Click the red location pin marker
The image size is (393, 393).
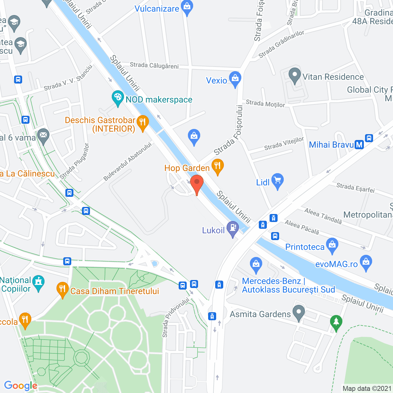197,183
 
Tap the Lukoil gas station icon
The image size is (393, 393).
232,228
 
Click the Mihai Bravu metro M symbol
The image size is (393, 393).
359,145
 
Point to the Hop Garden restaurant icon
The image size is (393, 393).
217,166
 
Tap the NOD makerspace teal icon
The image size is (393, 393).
118,98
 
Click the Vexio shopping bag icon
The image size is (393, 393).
235,79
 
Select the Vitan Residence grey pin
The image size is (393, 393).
295,75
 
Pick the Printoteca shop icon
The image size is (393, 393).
332,245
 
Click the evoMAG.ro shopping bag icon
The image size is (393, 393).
366,263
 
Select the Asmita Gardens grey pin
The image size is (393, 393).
299,313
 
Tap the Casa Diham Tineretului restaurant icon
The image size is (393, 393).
62,289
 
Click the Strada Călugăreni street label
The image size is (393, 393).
154,65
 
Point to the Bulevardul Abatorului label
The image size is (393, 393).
127,161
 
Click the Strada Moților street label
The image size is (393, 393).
265,103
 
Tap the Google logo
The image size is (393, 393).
21,386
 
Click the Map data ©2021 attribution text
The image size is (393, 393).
367,388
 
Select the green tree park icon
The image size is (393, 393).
336,322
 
